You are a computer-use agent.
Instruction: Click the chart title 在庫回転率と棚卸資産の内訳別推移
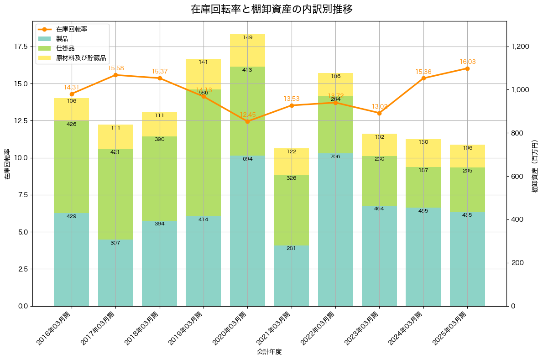pos(271,9)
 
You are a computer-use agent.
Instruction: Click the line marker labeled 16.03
pos(467,68)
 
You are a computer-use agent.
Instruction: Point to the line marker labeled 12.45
pos(247,121)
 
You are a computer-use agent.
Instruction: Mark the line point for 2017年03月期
pos(115,75)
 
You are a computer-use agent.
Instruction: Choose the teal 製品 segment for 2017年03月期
pos(115,273)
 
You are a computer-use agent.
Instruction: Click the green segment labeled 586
pos(204,152)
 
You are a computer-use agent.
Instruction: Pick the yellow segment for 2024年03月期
pos(423,153)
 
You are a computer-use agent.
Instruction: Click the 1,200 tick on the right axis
pos(520,47)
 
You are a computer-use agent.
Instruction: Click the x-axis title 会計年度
pos(269,352)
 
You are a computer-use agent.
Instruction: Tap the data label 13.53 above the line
pos(292,99)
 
